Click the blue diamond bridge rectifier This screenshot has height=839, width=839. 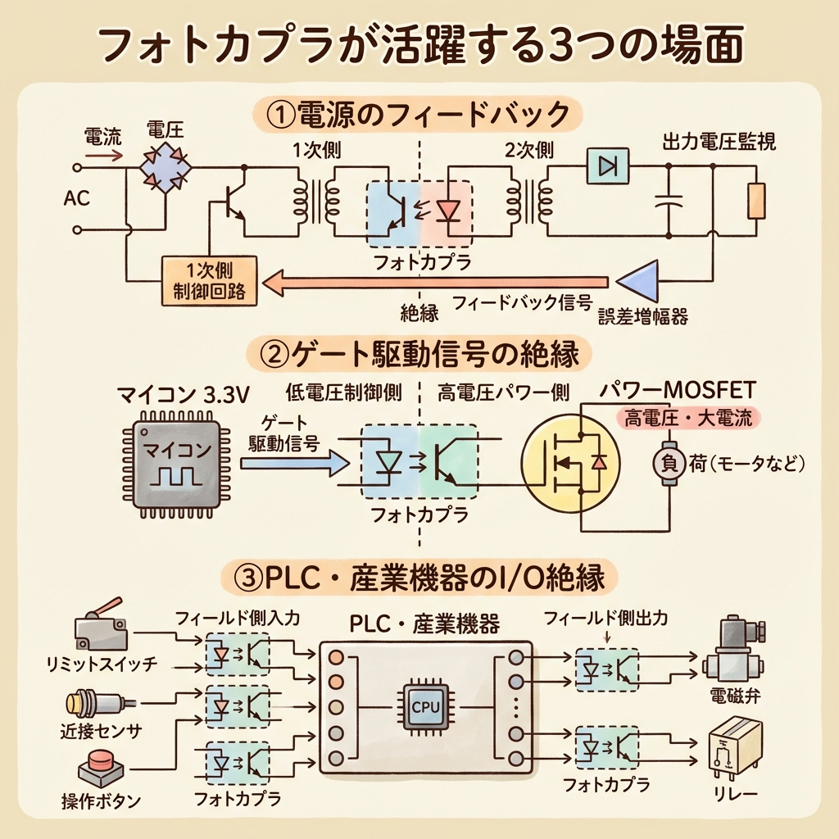165,168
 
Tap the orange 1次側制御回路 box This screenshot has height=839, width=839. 211,280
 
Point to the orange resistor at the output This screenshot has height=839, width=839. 756,201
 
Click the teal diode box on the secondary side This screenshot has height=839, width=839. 607,167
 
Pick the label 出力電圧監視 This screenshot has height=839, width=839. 719,142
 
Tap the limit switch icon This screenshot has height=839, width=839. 100,629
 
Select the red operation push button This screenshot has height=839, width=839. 100,767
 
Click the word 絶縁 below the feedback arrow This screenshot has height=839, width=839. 419,312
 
